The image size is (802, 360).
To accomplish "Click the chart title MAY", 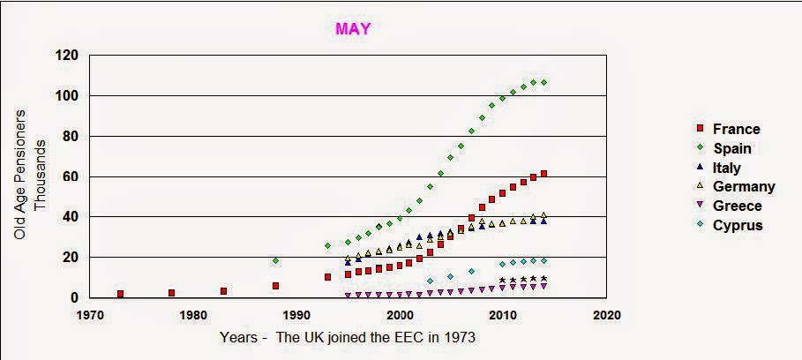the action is pyautogui.click(x=353, y=28).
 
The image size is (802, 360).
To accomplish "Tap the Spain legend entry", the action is pyautogui.click(x=724, y=148).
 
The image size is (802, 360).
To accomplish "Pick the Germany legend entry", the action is pyautogui.click(x=736, y=187).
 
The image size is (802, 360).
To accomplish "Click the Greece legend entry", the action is pyautogui.click(x=730, y=206).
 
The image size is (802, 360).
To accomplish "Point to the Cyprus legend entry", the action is pyautogui.click(x=730, y=225).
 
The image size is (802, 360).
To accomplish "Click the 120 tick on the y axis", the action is pyautogui.click(x=68, y=55).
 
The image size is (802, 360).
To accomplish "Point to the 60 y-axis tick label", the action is pyautogui.click(x=71, y=176).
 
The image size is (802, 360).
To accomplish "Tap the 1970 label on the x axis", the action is pyautogui.click(x=89, y=315).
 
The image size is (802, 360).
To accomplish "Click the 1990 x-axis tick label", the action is pyautogui.click(x=296, y=315).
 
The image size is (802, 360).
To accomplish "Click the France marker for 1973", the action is pyautogui.click(x=120, y=294).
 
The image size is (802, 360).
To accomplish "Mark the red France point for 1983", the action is pyautogui.click(x=223, y=291).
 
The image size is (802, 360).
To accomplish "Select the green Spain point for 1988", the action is pyautogui.click(x=275, y=261).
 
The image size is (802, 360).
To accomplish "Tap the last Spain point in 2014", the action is pyautogui.click(x=544, y=82).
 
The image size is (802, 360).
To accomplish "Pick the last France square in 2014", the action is pyautogui.click(x=543, y=174).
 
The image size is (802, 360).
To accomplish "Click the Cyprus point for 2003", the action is pyautogui.click(x=430, y=281).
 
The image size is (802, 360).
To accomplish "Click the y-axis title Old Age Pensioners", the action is pyautogui.click(x=20, y=174).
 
